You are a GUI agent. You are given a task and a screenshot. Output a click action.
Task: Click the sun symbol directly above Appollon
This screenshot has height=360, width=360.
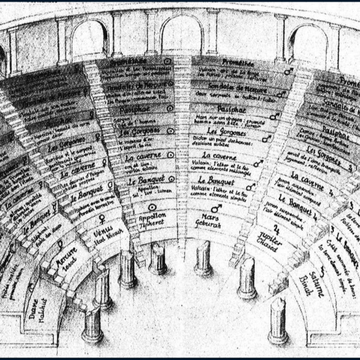pyautogui.click(x=152, y=207)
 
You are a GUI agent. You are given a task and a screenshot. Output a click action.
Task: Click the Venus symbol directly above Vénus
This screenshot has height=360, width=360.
pyautogui.click(x=102, y=219)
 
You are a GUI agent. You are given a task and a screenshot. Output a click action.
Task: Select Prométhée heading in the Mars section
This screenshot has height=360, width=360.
pyautogui.click(x=238, y=63)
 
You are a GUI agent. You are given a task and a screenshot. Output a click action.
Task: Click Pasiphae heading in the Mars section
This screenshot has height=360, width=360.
pyautogui.click(x=231, y=108)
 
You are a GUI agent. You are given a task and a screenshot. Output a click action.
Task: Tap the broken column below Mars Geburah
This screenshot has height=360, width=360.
pyautogui.click(x=203, y=258)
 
